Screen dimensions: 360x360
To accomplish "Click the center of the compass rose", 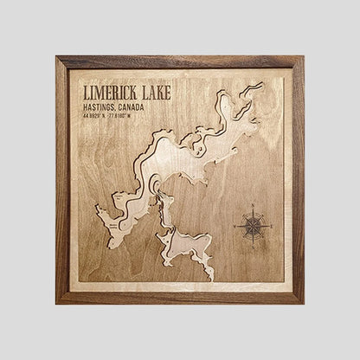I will click(x=253, y=225).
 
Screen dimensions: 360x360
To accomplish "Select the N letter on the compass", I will click(x=253, y=205).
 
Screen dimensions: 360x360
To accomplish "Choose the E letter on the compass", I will click(x=273, y=225).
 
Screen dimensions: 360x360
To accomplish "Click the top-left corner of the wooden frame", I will click(x=57, y=57).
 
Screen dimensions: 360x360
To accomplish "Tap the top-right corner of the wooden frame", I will click(x=303, y=57).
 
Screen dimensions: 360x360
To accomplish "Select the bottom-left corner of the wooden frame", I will click(x=57, y=303).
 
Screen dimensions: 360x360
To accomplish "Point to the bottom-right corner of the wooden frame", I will click(x=303, y=303).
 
